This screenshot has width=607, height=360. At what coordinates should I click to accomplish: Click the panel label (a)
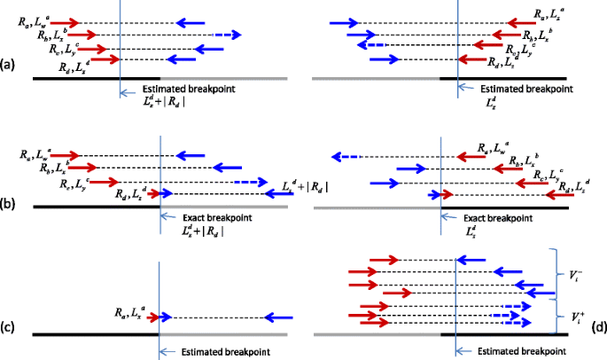tap(8, 64)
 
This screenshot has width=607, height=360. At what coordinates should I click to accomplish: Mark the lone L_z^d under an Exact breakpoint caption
tap(477, 231)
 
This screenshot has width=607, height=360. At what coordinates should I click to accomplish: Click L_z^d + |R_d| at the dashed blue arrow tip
tap(306, 186)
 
